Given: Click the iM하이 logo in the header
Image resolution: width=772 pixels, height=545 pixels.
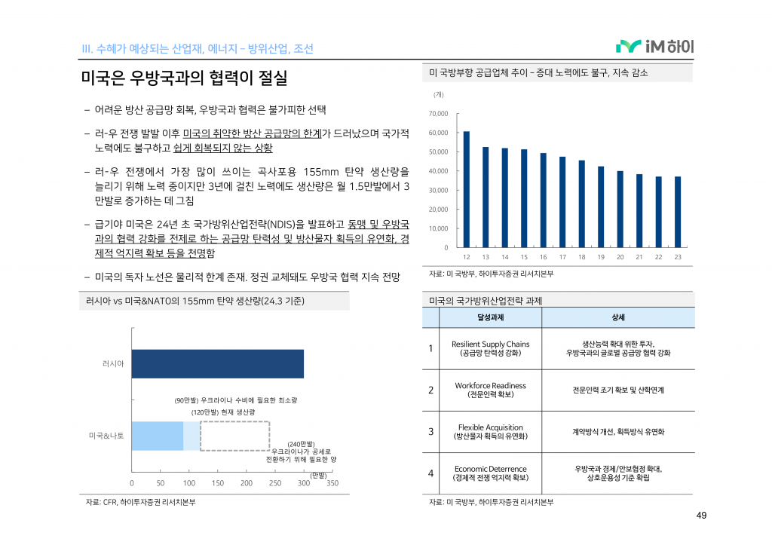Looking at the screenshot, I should point(654,47).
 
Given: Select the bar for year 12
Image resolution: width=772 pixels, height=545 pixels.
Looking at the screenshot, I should point(466,189).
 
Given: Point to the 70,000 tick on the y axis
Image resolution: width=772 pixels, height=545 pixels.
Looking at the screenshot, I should point(437,114).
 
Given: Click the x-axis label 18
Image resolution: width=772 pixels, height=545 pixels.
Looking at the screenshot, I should point(581,258).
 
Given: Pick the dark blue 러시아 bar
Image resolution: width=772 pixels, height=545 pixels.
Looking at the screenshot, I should point(217,363).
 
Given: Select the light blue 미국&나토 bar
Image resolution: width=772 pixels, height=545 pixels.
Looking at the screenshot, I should point(158,436).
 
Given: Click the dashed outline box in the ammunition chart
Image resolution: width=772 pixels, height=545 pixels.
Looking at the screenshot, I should point(234,436).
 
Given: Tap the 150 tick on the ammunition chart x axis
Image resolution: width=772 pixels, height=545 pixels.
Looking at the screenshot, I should point(217,483).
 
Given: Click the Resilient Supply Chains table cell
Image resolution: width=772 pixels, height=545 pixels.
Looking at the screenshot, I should point(491,348).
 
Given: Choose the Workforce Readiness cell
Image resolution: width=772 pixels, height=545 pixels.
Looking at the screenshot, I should point(491,390).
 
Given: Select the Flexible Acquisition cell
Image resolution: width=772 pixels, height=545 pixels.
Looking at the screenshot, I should point(491,431).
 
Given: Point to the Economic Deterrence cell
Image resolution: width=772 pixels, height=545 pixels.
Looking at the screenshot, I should point(491,473).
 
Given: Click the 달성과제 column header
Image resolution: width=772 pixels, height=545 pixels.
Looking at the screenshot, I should point(491,317).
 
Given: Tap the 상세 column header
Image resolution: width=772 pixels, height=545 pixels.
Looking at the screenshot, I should point(618,317).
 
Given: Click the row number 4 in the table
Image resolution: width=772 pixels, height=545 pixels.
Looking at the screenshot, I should point(430,473).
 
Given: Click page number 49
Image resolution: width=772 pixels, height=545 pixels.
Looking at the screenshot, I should point(700,516).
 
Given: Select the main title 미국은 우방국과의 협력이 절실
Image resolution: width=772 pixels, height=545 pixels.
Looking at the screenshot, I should point(184,78).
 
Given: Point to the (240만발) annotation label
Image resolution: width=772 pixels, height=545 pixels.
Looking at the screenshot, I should point(301,444).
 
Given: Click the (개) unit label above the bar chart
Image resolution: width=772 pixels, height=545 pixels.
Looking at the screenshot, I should point(439,94).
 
